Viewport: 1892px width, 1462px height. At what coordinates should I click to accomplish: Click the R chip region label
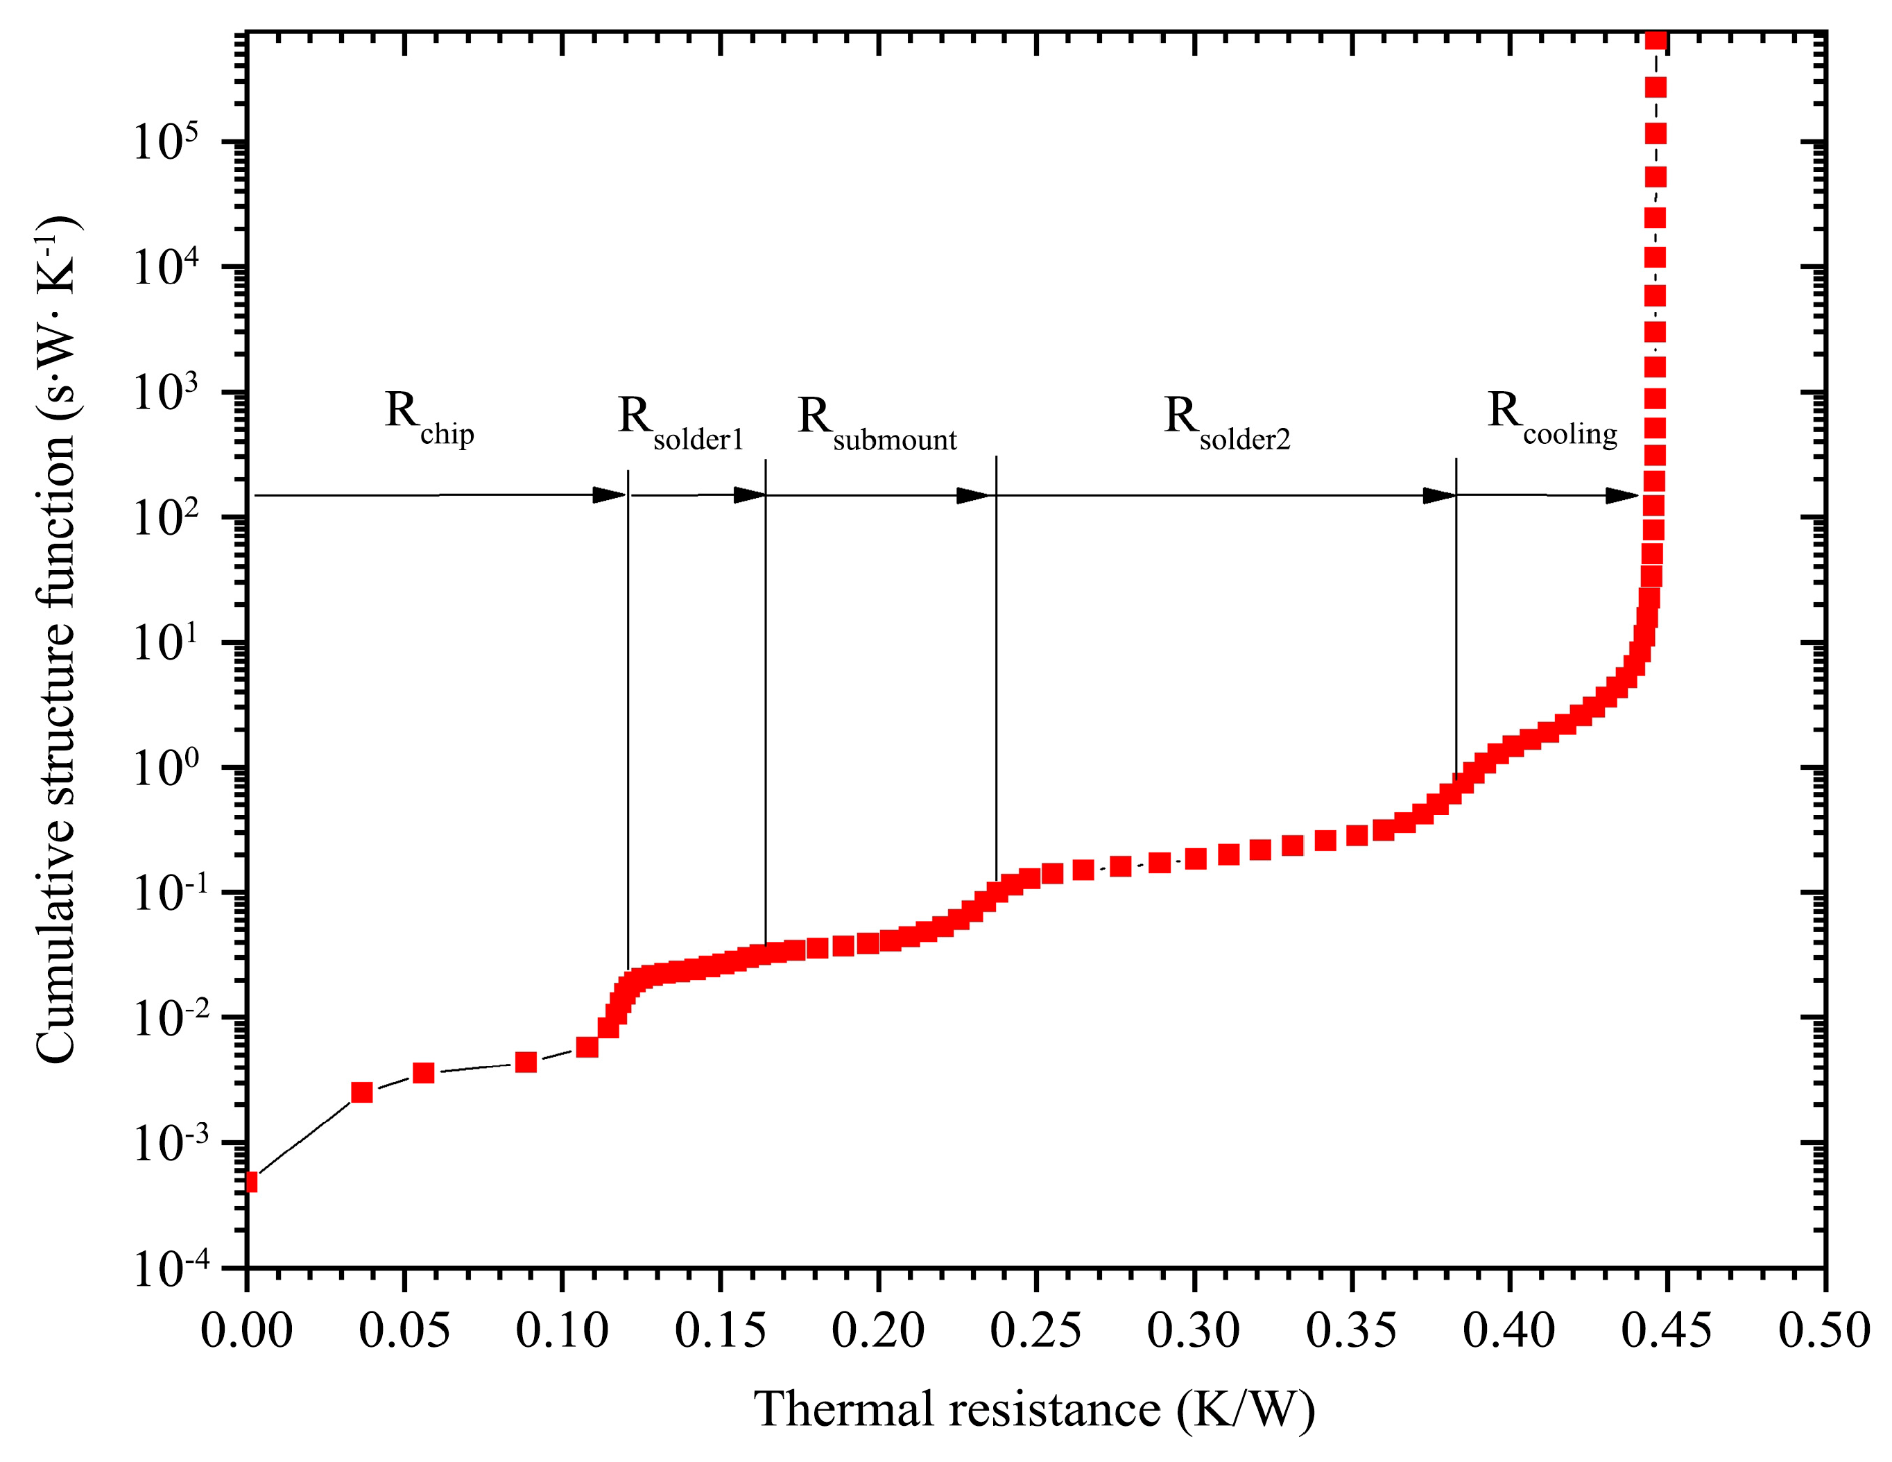coord(429,418)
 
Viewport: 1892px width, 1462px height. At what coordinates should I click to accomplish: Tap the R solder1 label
coord(680,424)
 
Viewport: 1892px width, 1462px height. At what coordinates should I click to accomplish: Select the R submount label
coord(877,424)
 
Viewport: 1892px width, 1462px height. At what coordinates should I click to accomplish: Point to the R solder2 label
coord(1227,424)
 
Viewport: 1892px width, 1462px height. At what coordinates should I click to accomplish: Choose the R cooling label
coord(1551,418)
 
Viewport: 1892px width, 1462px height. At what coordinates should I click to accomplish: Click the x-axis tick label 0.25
coord(1036,1331)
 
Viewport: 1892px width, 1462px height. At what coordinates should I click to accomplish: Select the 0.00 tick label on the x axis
coord(247,1331)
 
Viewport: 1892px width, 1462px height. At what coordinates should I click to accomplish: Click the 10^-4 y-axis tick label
coord(171,1269)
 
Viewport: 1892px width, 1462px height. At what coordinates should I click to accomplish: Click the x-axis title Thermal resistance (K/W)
coord(1034,1410)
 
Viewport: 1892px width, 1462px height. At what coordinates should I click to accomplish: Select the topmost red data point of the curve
coord(1656,40)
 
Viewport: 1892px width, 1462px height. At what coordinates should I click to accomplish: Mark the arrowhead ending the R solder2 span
coord(1440,495)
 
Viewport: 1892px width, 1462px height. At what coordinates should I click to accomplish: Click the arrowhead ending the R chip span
coord(609,495)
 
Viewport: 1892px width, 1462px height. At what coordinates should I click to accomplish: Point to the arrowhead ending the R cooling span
coord(1622,495)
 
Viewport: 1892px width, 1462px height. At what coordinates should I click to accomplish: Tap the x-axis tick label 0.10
coord(562,1331)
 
